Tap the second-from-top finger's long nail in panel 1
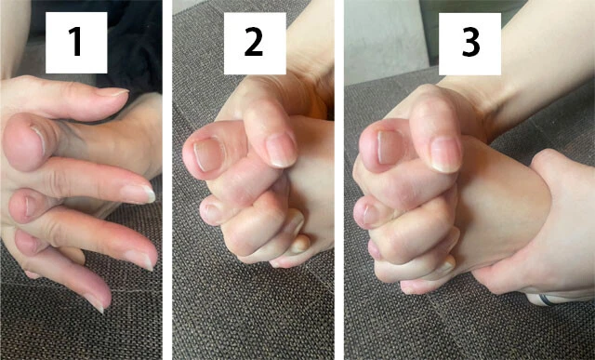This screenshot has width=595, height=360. coord(138,193)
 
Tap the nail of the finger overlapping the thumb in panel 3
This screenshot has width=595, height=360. coord(447,153)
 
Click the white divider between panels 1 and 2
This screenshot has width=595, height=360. coord(166,180)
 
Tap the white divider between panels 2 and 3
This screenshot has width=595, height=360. coord(339,180)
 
